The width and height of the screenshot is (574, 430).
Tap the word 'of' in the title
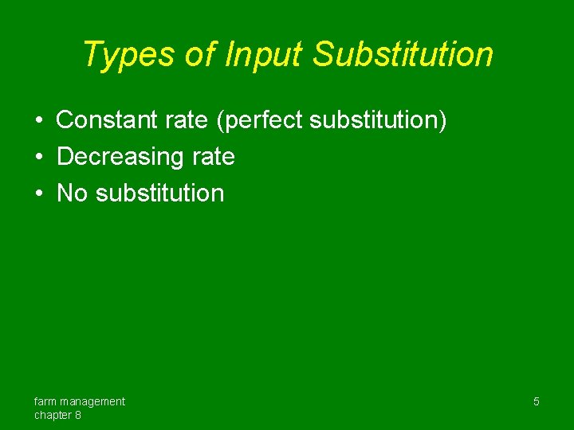tap(199, 55)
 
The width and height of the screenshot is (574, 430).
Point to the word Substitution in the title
tap(403, 55)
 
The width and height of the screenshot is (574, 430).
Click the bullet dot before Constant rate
tap(39, 120)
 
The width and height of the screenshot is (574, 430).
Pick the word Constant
tap(108, 120)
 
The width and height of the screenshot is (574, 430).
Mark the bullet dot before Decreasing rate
tap(39, 157)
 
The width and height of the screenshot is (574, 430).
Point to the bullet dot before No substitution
tap(39, 193)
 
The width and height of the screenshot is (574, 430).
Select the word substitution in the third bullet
tap(160, 193)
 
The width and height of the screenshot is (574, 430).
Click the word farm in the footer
tap(46, 401)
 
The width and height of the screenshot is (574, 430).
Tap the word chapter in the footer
tap(53, 415)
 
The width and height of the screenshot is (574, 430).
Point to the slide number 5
tap(536, 401)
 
